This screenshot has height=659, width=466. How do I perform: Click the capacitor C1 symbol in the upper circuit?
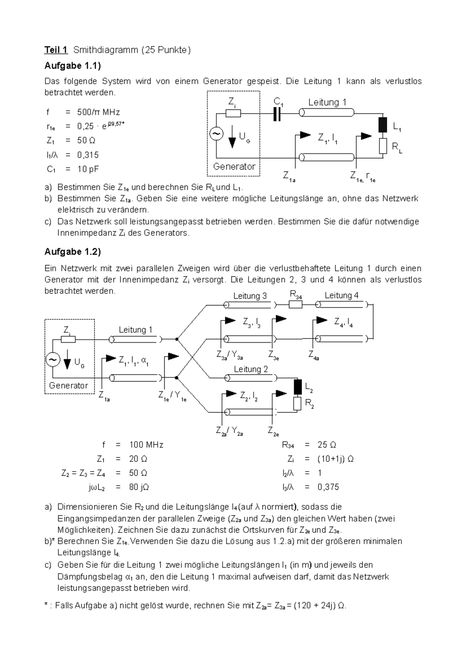(x=277, y=113)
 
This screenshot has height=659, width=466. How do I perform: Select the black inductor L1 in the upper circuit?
(x=383, y=125)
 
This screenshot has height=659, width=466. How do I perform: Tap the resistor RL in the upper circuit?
(x=383, y=146)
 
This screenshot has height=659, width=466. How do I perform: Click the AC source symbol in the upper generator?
(x=216, y=134)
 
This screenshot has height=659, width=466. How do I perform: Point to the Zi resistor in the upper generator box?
(x=233, y=113)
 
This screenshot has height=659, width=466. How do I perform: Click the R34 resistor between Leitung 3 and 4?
(x=296, y=305)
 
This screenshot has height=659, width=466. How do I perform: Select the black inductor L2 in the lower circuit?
(x=297, y=387)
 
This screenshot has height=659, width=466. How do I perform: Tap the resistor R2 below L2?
(x=297, y=404)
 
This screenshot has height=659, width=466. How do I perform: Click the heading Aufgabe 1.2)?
(x=73, y=252)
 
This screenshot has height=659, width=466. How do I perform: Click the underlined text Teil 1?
(x=56, y=50)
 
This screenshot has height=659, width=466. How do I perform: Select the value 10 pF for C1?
(x=88, y=169)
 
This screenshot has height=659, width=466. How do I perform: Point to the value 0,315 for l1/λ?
(x=88, y=155)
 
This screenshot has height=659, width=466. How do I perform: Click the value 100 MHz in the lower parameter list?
(x=146, y=445)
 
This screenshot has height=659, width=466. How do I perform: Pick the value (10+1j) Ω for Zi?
(x=336, y=459)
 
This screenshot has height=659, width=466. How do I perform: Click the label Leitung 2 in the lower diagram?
(x=250, y=369)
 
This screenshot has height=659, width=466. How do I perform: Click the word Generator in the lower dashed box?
(x=68, y=385)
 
